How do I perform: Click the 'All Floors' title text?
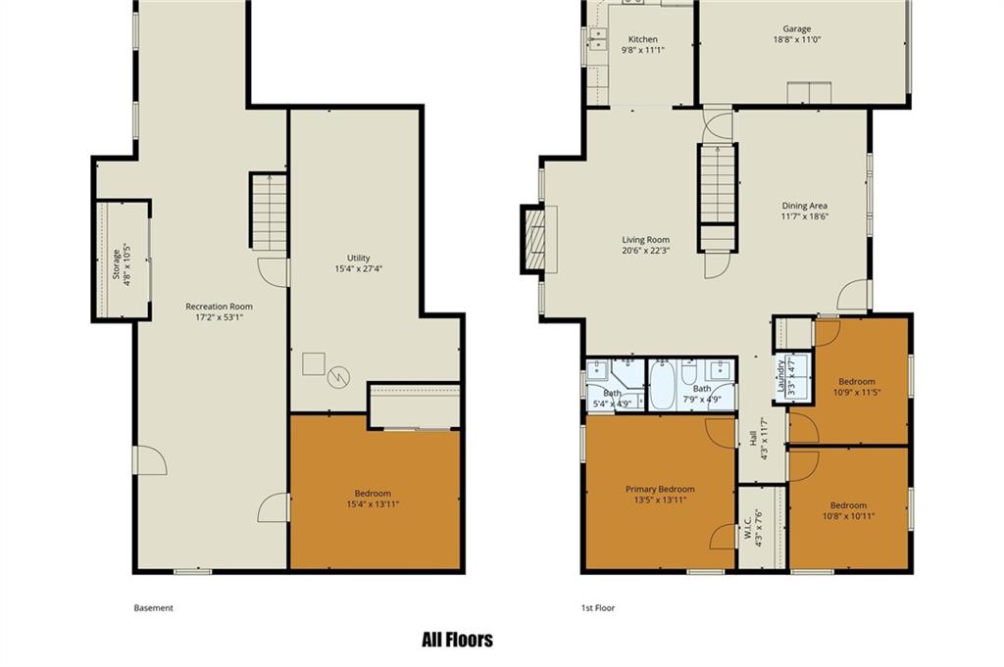(x=457, y=640)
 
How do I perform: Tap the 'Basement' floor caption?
(x=153, y=608)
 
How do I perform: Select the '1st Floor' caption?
(x=597, y=608)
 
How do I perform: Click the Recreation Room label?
(x=219, y=307)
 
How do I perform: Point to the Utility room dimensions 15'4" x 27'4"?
(x=359, y=268)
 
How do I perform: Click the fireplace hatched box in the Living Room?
(x=534, y=239)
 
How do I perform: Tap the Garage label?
(x=796, y=28)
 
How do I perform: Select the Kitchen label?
(x=642, y=39)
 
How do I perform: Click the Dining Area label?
(x=804, y=206)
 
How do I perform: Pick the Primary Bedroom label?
(x=660, y=489)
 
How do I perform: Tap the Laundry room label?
(x=780, y=376)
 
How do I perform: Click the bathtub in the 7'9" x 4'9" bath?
(x=662, y=385)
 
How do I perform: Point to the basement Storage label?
(x=117, y=264)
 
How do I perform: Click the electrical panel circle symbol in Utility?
(x=338, y=377)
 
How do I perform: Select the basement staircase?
(x=269, y=212)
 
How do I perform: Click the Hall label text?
(x=753, y=438)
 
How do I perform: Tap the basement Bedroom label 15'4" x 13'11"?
(x=373, y=499)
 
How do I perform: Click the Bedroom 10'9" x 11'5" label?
(x=857, y=387)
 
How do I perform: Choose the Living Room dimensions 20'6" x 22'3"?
(x=646, y=250)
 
